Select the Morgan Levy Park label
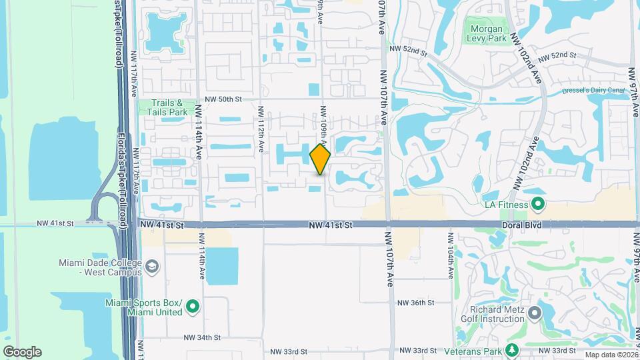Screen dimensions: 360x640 pos(489,33)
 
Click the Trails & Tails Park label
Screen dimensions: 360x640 pos(163,107)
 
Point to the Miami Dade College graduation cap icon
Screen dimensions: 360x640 pos(153,268)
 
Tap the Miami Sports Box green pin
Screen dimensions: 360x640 pos(193,307)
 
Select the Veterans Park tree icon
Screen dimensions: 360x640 pos(512,350)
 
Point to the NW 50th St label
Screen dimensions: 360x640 pos(222,99)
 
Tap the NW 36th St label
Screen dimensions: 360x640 pos(415,303)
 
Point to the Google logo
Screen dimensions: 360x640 pos(22,352)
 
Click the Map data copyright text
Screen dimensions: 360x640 pos(611,355)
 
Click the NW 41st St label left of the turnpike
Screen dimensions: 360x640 pos(54,223)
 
